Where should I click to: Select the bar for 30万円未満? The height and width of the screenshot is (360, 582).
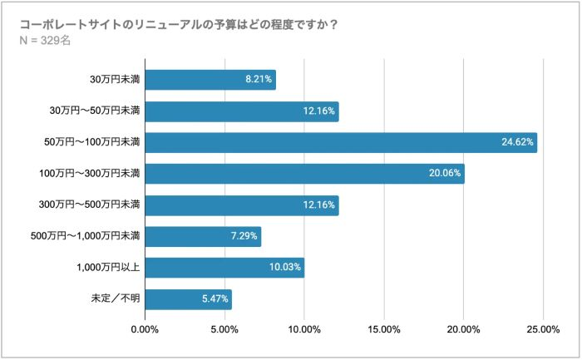pos(210,80)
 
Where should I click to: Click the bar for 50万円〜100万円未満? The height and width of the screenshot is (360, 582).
pos(341,143)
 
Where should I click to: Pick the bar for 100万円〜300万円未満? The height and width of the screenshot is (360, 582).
pos(304,174)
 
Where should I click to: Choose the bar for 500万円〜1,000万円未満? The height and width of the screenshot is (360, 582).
pos(203,237)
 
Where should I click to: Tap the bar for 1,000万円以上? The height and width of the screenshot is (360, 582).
pos(224,268)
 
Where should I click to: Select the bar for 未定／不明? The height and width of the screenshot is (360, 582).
pos(188,299)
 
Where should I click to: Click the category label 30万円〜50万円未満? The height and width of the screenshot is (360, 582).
pos(95,111)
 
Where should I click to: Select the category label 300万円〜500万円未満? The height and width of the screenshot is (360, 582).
pos(91,205)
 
